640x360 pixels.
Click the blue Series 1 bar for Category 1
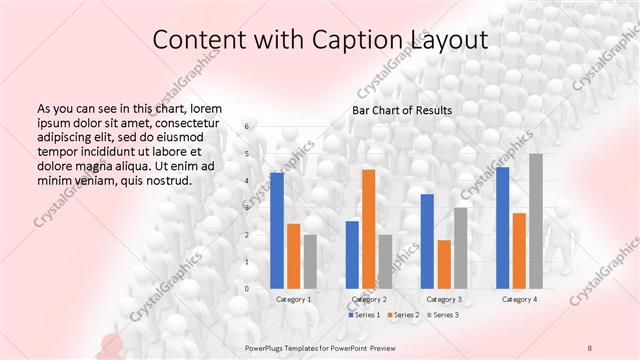coord(277,231)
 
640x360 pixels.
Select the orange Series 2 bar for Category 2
coord(368,229)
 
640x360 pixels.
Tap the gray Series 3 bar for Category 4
coord(536,221)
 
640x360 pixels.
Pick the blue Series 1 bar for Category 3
coord(427,241)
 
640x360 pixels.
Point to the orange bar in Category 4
coord(519,251)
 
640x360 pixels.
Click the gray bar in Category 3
coord(461,248)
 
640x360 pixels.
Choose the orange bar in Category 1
coord(293,256)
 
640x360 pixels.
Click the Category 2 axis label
coord(368,299)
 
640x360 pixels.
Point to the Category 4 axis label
coord(519,299)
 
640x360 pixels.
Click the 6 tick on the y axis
coord(247,127)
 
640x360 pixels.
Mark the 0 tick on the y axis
coord(247,289)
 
